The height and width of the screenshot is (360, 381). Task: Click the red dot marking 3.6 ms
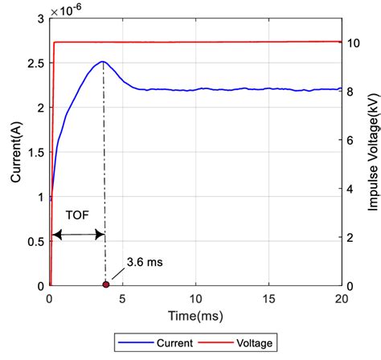pos(105,285)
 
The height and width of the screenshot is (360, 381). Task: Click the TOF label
pos(75,215)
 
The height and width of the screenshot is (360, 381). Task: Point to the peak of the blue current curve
pos(102,62)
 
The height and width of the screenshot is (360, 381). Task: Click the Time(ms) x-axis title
pos(195,313)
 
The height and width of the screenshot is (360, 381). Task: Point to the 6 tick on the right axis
pos(351,140)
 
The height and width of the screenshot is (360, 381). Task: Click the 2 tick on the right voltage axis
pos(351,237)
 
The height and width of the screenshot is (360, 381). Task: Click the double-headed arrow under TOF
pos(78,234)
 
